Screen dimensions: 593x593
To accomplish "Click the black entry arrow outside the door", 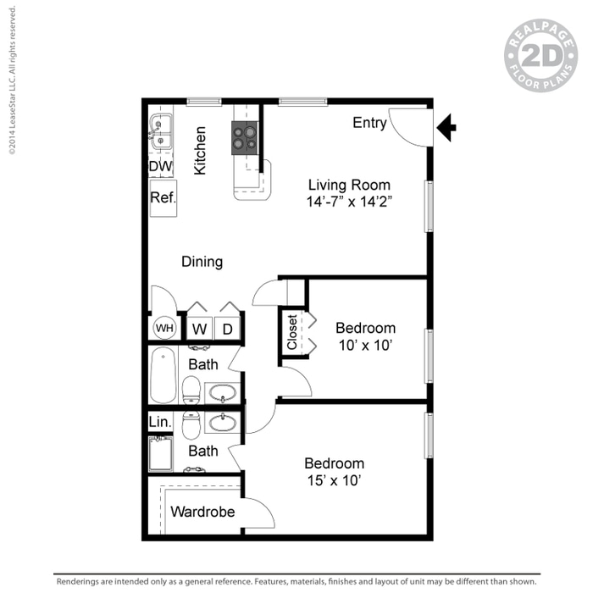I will tap(446, 129).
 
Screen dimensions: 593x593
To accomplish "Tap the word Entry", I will tap(369, 123).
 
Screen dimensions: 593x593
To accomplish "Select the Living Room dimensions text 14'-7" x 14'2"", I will tap(349, 202).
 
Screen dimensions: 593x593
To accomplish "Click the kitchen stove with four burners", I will tap(245, 136).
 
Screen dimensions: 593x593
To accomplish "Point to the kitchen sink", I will tap(160, 129).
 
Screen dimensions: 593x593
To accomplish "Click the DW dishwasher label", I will tap(160, 167).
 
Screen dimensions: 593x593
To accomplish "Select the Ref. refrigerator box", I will tap(163, 197).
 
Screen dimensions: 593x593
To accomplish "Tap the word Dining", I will tap(202, 262).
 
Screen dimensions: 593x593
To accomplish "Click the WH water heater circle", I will tap(163, 328).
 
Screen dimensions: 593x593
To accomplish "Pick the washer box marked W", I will tap(199, 328).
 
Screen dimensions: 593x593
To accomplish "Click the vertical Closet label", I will tap(292, 333).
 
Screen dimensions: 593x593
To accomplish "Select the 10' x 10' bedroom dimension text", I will tap(365, 345).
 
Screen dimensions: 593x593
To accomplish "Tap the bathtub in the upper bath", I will tap(163, 375).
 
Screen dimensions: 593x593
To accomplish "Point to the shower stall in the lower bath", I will tap(161, 453).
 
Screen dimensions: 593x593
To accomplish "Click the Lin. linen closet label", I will tap(160, 421).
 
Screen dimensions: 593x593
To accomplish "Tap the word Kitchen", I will tap(200, 151).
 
